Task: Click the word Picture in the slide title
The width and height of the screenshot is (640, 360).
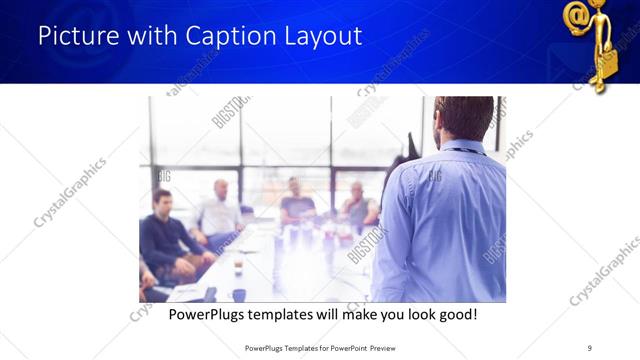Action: click(75, 37)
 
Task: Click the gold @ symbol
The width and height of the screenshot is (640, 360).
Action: click(577, 17)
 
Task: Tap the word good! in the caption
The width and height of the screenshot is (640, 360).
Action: click(457, 314)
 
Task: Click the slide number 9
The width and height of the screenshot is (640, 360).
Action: click(590, 347)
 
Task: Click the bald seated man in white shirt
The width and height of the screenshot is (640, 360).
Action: click(221, 211)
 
